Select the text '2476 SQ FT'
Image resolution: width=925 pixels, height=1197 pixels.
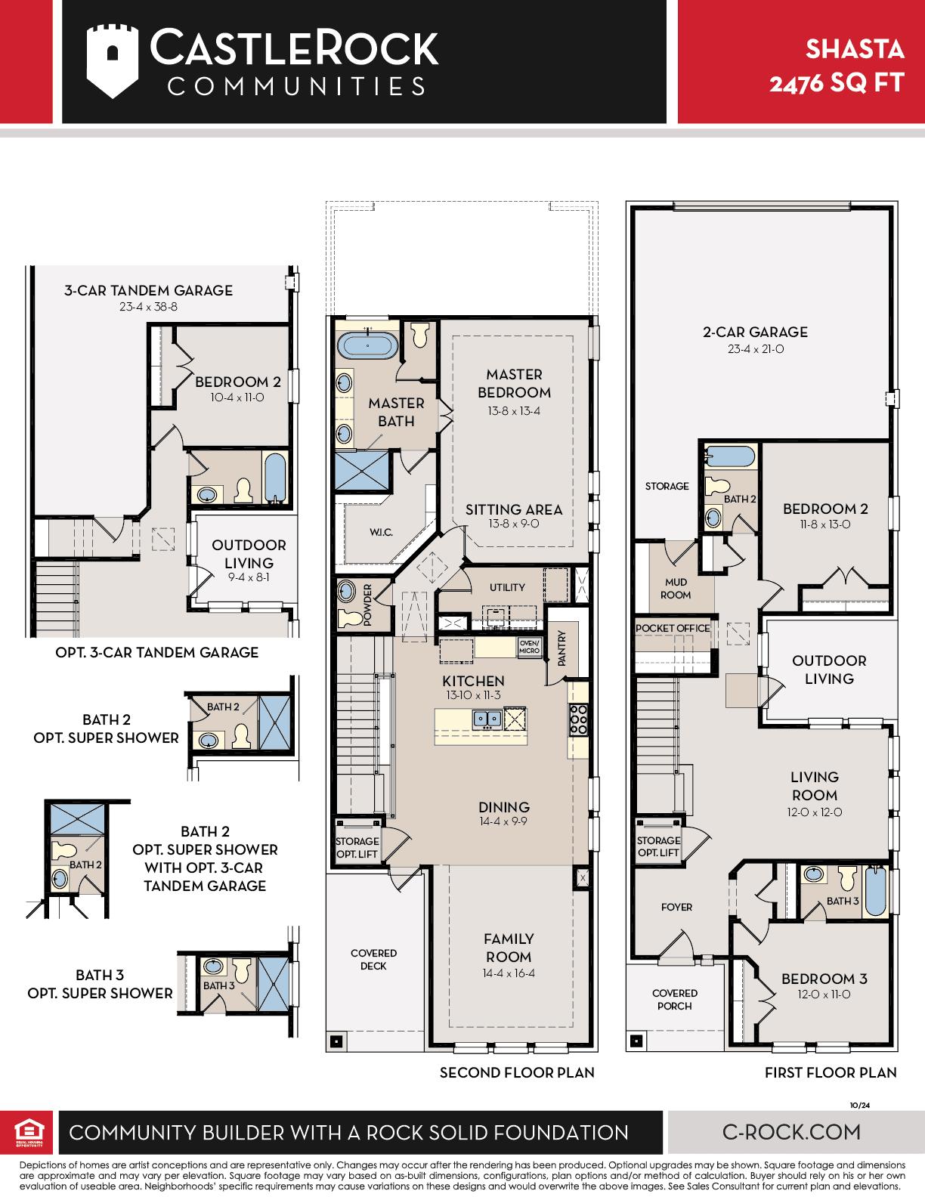(837, 84)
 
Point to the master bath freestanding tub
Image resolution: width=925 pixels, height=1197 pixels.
(367, 345)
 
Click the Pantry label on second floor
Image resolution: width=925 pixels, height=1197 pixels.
(562, 648)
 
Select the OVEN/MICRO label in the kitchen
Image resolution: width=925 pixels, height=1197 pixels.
(530, 647)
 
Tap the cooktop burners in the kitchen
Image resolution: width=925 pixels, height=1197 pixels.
(578, 719)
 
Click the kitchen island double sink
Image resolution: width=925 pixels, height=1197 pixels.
(487, 719)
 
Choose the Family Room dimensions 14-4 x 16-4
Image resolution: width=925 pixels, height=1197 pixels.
(509, 973)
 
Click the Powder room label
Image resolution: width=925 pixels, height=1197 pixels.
(367, 605)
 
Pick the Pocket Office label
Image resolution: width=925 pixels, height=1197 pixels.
(673, 628)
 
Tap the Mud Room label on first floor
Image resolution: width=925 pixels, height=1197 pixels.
(676, 589)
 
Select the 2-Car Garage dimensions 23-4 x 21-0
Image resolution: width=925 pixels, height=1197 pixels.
(755, 348)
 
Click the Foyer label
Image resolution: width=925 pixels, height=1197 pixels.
(676, 907)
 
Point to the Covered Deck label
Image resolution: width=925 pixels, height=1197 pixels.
(373, 959)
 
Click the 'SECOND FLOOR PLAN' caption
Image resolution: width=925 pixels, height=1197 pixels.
(517, 1072)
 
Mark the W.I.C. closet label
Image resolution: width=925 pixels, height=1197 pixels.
(381, 532)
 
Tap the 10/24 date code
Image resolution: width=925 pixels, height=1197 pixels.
(859, 1105)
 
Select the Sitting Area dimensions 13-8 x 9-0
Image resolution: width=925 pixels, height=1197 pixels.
(513, 523)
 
